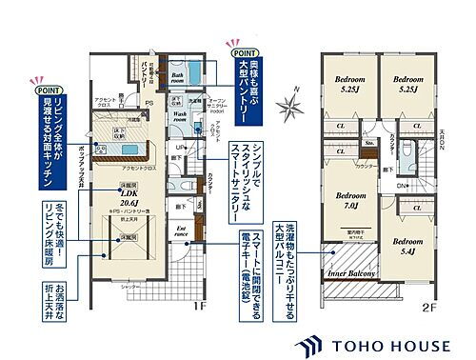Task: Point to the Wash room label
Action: click(x=181, y=115)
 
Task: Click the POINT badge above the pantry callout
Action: click(x=235, y=44)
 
